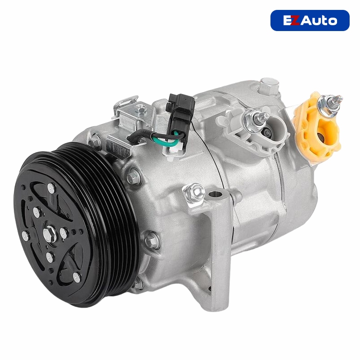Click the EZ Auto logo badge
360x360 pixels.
(x=310, y=20)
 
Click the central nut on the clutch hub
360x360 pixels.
(x=50, y=233)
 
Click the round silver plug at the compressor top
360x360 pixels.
(x=269, y=82)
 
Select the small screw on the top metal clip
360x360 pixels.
(x=140, y=108)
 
